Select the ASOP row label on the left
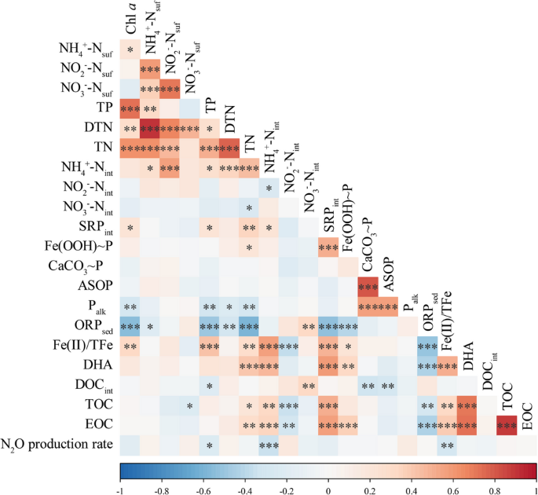95,286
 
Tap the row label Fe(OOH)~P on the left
78,247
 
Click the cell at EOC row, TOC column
507,426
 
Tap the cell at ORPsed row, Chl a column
130,326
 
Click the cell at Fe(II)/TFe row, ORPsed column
427,346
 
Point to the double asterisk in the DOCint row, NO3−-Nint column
308,387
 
